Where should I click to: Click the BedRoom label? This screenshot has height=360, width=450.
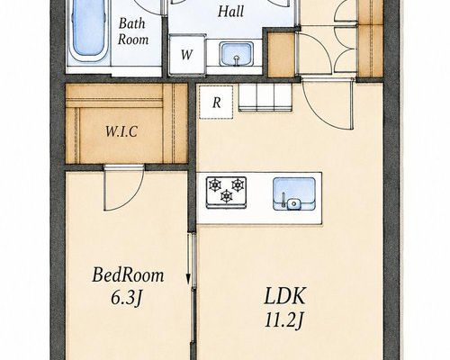[128, 274]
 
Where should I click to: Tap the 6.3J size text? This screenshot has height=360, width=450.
[126, 298]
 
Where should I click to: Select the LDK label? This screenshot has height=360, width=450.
[285, 296]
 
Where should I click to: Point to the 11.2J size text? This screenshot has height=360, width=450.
[284, 320]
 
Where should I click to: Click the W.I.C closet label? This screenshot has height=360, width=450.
[121, 131]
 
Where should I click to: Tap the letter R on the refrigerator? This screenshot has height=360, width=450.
[217, 103]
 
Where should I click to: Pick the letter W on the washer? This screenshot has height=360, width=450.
[186, 55]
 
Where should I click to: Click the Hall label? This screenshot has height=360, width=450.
[230, 12]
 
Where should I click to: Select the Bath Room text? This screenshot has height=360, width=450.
[133, 31]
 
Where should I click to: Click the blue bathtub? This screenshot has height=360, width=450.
[89, 30]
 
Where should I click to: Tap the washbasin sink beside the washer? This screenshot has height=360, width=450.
[237, 54]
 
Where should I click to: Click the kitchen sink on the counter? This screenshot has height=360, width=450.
[294, 193]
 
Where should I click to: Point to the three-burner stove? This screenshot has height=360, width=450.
[226, 193]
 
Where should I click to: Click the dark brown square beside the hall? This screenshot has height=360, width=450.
[281, 55]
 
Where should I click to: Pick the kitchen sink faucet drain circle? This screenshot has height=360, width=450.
[293, 204]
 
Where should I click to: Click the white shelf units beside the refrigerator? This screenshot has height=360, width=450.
[265, 97]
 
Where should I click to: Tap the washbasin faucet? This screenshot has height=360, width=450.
[237, 60]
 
